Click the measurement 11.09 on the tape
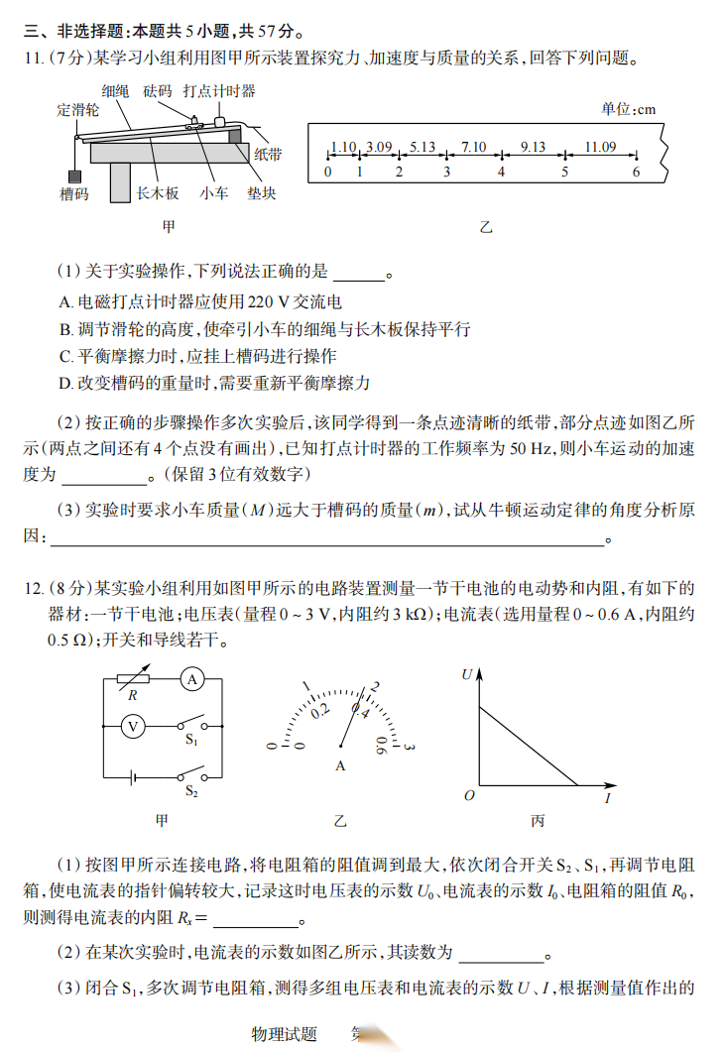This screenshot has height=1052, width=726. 600,148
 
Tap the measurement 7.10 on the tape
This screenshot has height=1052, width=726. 474,148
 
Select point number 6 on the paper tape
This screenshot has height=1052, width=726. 637,172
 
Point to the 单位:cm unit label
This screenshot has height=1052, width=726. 629,110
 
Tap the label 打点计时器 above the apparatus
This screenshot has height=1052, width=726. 219,91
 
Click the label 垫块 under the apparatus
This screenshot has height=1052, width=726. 261,194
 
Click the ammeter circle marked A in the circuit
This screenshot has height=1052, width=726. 193,679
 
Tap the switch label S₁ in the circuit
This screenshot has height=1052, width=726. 191,740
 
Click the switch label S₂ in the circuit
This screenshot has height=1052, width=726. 191,791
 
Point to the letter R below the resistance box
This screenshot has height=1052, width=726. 132,696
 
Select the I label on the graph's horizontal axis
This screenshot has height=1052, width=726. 607,796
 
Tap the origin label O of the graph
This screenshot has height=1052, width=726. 469,795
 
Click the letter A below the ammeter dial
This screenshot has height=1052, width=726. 340,765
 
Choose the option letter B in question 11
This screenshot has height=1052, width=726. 63,330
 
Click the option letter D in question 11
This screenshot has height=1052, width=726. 63,383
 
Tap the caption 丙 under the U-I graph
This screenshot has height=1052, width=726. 538,821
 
